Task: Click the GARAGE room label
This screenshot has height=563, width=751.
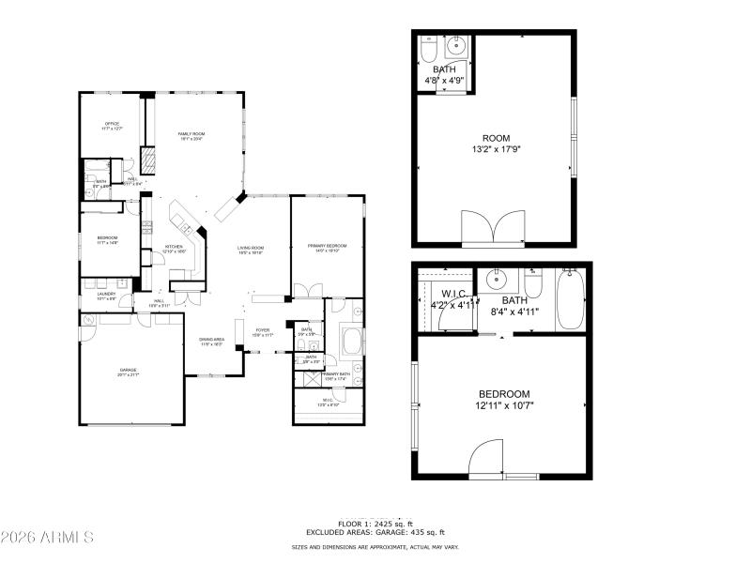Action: (x=128, y=370)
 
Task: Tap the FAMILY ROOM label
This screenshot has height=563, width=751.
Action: (x=192, y=134)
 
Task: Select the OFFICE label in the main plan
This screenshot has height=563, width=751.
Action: (x=112, y=124)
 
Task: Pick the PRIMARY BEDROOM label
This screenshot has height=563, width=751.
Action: (x=328, y=246)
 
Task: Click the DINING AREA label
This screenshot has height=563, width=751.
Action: (x=211, y=340)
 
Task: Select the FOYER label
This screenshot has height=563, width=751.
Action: (x=263, y=330)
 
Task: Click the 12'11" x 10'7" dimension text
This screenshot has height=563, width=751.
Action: (x=504, y=405)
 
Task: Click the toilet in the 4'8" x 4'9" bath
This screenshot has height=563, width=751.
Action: (x=428, y=48)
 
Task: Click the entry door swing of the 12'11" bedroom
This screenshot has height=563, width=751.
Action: (x=487, y=459)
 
